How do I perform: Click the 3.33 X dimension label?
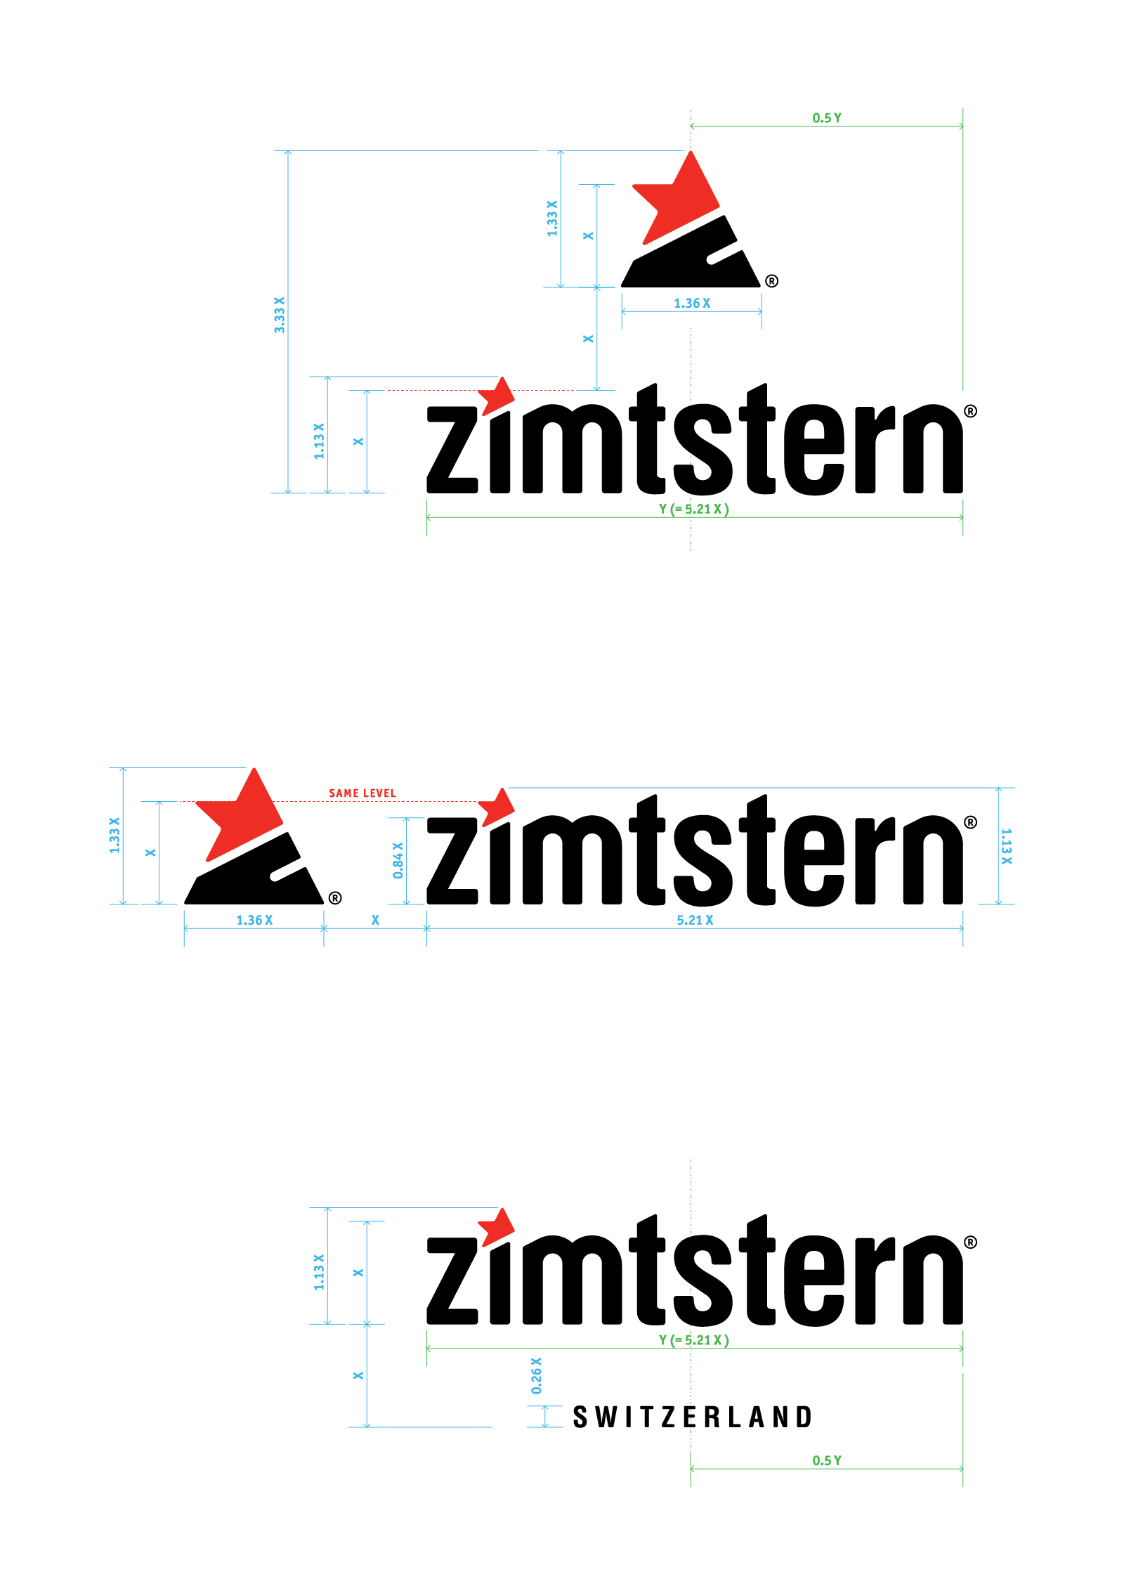pos(280,314)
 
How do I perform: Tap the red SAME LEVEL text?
pos(362,793)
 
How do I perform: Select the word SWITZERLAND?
pos(692,1417)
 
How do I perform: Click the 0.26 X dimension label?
pos(537,1376)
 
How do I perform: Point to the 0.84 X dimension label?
pos(398,860)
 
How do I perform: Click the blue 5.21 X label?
pos(695,920)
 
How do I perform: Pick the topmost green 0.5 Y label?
pos(827,118)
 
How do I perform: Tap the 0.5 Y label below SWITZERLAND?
pos(827,1460)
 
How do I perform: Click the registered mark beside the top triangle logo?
pos(771,281)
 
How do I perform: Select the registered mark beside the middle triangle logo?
pos(335,898)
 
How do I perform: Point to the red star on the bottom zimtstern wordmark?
pos(497,1227)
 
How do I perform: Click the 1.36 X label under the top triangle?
pos(692,304)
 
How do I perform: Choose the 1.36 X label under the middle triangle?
pos(254,920)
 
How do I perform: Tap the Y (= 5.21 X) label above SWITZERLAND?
pos(694,1340)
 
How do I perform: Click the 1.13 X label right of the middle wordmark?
pos(1006,846)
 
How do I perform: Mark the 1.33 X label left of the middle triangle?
pos(115,836)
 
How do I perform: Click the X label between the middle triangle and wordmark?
pos(375,920)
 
